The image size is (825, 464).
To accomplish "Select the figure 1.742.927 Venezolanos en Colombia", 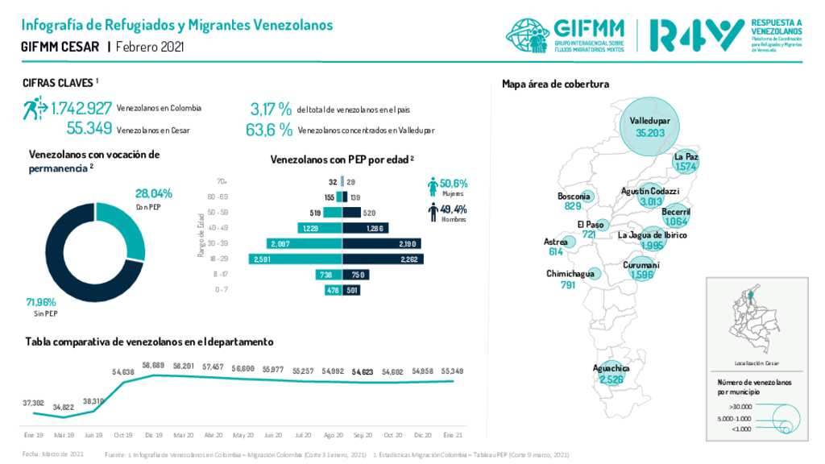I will coord(81,108).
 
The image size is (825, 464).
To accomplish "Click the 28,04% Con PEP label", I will coord(154,193).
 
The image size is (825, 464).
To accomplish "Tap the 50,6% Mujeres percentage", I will coord(454,184).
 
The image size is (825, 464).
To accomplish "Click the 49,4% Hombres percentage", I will coord(454,209).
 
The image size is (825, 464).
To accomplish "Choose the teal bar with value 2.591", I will coord(294,259).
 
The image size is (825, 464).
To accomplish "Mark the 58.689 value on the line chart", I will coord(152,366).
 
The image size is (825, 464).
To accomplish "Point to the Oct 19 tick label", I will coord(123,434).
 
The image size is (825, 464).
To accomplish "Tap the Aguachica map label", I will coord(611,368).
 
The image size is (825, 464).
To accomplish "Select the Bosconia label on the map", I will coord(574,196).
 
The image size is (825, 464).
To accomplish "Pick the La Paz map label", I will coord(686,156).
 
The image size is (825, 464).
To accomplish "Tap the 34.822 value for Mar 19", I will coord(64,408).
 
